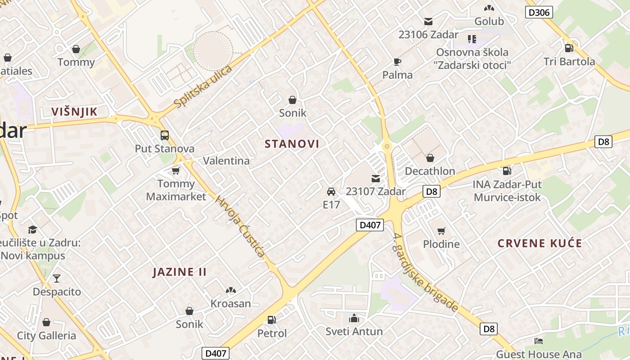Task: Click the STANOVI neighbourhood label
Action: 292,144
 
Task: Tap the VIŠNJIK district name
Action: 74,112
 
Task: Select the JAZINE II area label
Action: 180,272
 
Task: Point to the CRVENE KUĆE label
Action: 540,244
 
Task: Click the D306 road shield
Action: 539,13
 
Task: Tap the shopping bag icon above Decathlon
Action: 430,158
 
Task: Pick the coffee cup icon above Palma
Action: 397,62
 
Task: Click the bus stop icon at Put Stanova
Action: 165,135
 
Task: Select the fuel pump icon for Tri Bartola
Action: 569,48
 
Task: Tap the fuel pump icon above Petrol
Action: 271,320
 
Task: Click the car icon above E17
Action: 331,192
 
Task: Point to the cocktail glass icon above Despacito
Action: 57,278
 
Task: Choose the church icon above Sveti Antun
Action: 354,319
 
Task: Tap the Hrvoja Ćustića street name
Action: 240,226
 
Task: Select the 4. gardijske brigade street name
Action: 425,273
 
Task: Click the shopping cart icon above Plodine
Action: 441,231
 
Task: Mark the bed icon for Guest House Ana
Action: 538,341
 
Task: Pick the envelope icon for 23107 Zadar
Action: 376,179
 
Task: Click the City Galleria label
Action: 47,336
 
